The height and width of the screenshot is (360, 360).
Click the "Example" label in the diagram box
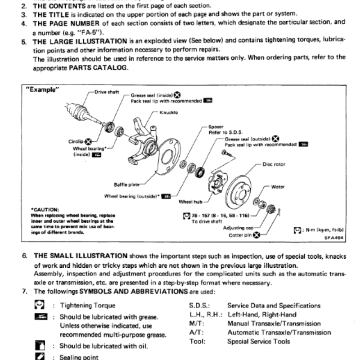(44, 90)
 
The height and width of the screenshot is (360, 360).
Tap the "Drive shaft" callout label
(107, 92)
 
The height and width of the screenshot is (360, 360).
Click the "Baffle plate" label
(127, 184)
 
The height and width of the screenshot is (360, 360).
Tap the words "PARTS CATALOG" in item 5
(99, 68)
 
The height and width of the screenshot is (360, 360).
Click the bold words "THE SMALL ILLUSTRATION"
(81, 256)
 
